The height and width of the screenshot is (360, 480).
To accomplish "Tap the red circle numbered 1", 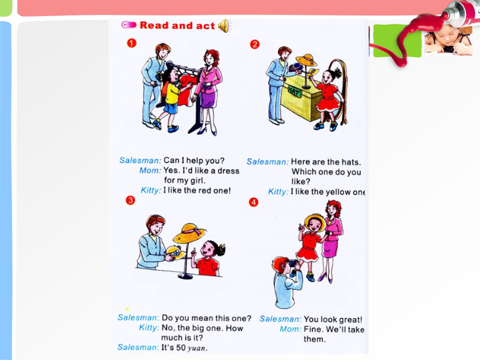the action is coord(132,43).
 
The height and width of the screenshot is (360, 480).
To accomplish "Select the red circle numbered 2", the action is coord(255,44).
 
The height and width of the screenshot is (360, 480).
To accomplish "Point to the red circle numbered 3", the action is coord(130,200).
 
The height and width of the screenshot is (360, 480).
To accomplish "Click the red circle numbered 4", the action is coord(253,202).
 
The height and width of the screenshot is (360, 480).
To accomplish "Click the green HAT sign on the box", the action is coord(294,92).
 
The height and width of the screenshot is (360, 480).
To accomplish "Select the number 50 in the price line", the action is coord(181,348).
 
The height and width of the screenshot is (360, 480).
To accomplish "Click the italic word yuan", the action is coord(196,348).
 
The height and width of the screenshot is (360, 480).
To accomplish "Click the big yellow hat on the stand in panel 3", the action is coord(189,233).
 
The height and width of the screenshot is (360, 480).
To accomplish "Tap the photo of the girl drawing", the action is coord(448,41).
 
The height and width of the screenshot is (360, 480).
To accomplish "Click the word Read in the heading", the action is coord(154,25).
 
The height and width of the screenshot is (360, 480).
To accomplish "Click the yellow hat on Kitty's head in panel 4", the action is coord(315,221).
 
